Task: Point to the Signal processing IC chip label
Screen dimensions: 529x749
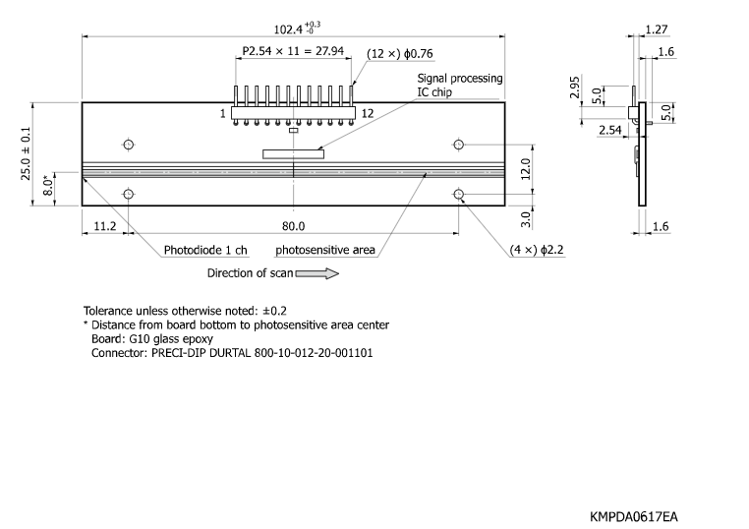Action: point(460,85)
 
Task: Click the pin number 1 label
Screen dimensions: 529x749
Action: point(223,114)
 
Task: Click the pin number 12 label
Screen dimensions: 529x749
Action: point(367,114)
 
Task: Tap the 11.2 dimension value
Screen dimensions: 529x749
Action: point(104,225)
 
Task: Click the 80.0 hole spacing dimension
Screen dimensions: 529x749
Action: point(293,225)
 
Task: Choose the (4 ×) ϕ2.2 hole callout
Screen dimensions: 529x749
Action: point(537,251)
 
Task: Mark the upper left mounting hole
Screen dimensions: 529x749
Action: point(128,146)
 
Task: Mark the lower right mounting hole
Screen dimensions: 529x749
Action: point(459,195)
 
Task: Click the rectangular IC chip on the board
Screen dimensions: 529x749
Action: point(292,152)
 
